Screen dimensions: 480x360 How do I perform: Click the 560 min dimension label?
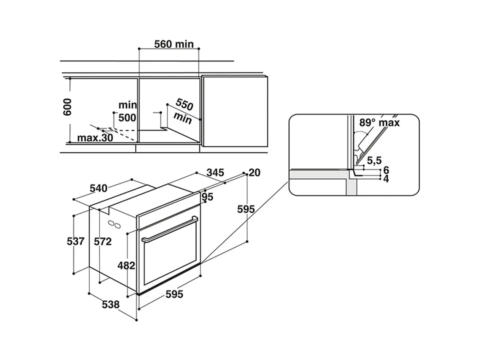click(x=174, y=44)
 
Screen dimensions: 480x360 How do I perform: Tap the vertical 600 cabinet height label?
click(x=67, y=107)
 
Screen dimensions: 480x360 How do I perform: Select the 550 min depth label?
click(x=183, y=111)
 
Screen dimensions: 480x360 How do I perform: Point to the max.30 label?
click(x=95, y=138)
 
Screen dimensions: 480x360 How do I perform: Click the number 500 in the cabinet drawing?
click(x=127, y=118)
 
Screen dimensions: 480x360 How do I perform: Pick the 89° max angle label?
click(x=379, y=122)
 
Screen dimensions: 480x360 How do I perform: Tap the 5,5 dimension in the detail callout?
click(x=374, y=160)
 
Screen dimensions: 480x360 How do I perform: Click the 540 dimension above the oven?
click(x=98, y=188)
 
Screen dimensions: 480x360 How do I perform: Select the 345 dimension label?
click(x=215, y=172)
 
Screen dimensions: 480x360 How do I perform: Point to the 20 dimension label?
click(x=255, y=172)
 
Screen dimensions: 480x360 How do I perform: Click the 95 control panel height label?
click(x=207, y=197)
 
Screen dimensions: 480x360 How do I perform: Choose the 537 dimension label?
click(x=76, y=241)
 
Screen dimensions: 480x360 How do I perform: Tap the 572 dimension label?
click(x=103, y=241)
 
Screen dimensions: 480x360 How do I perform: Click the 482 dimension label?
click(x=126, y=265)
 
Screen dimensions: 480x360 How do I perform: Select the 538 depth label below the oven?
click(x=111, y=304)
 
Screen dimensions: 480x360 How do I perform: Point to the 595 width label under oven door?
click(x=174, y=294)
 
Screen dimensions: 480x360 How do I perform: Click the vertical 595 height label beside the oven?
click(x=246, y=209)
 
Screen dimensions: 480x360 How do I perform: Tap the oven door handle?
click(x=170, y=229)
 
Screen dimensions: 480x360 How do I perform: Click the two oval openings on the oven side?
click(x=114, y=224)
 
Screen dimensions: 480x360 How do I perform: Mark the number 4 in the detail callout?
click(x=386, y=179)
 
